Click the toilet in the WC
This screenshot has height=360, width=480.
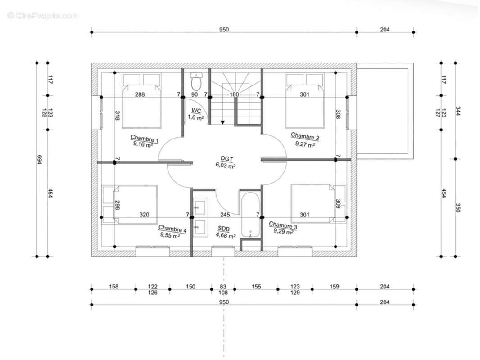[x=195, y=81]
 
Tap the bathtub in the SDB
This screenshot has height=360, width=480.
[x=250, y=215]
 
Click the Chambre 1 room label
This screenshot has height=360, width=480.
[x=145, y=139]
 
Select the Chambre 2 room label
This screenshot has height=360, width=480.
[x=305, y=136]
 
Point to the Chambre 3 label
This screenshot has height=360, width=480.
[x=283, y=225]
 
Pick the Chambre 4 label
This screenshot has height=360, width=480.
[x=172, y=229]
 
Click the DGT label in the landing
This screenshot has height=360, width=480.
[x=226, y=159]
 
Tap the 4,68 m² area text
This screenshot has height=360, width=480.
[x=226, y=235]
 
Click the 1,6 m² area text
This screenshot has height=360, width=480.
[x=195, y=117]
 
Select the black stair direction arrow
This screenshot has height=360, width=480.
[x=222, y=122]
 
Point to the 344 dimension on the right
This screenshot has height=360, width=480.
[x=458, y=111]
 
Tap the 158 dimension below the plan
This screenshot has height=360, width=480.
[x=113, y=287]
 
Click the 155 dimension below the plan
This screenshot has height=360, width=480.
[x=256, y=287]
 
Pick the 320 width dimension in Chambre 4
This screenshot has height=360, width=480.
[x=144, y=215]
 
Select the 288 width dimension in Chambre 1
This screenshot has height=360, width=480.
[x=140, y=94]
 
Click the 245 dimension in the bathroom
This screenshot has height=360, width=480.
[x=225, y=215]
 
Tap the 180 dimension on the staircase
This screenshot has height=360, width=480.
[x=234, y=94]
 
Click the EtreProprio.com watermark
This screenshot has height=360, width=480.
[x=43, y=15]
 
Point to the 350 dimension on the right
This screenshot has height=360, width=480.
[x=458, y=208]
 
